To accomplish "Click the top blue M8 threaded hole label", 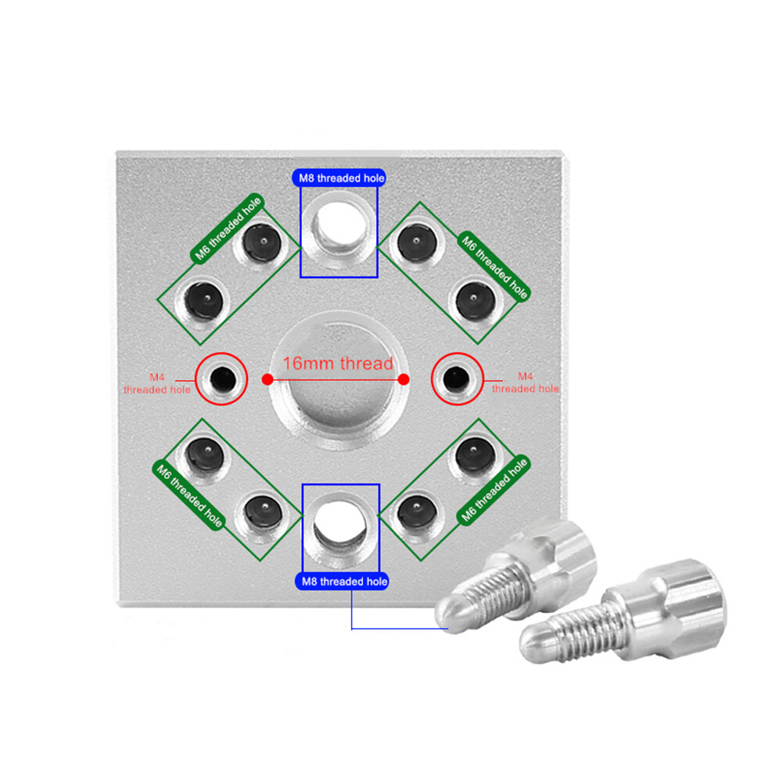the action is pyautogui.click(x=339, y=178).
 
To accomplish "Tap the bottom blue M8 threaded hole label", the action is pyautogui.click(x=343, y=582).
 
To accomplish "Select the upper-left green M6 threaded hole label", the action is pyautogui.click(x=228, y=228).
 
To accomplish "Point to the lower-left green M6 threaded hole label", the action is pyautogui.click(x=189, y=495).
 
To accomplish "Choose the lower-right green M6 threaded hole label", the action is pyautogui.click(x=493, y=490).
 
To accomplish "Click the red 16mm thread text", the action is pyautogui.click(x=338, y=363).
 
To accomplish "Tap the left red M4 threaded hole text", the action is pyautogui.click(x=157, y=383).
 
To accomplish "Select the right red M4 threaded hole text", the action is pyautogui.click(x=526, y=382).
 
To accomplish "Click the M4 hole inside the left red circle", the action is pyautogui.click(x=222, y=379).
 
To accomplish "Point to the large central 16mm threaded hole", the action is pyautogui.click(x=339, y=382).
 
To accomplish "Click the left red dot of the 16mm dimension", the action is pyautogui.click(x=267, y=379).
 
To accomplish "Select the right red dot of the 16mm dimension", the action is pyautogui.click(x=404, y=379).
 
